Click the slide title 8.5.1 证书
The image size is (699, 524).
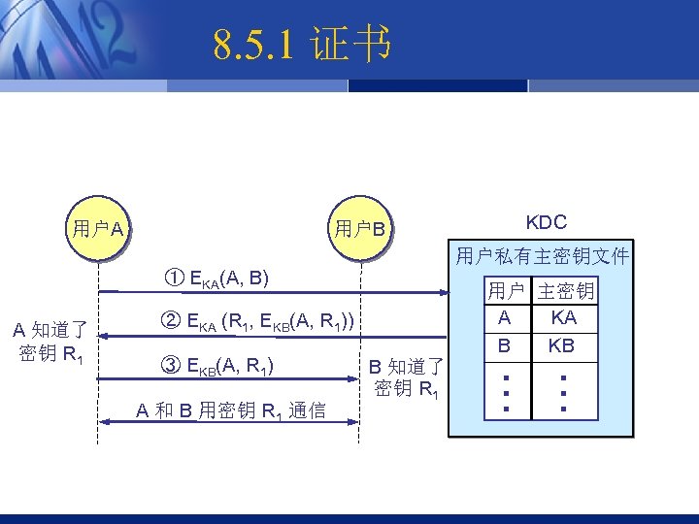pyautogui.click(x=302, y=45)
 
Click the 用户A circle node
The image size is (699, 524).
pyautogui.click(x=97, y=230)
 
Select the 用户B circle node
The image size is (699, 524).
pyautogui.click(x=360, y=230)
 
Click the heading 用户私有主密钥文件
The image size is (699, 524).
pyautogui.click(x=542, y=257)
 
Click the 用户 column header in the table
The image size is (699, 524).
pyautogui.click(x=505, y=290)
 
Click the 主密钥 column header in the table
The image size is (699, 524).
pyautogui.click(x=565, y=290)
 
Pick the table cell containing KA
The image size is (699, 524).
pyautogui.click(x=563, y=317)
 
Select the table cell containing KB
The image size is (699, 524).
pyautogui.click(x=561, y=345)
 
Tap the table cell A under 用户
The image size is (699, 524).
pyautogui.click(x=505, y=317)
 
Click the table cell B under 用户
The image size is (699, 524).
pyautogui.click(x=505, y=345)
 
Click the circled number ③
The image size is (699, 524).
pyautogui.click(x=166, y=366)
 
